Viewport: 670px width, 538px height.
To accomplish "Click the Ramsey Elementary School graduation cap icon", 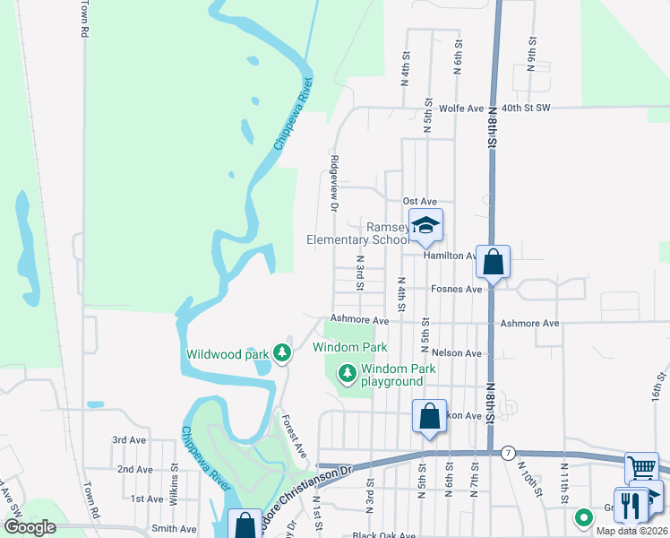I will pos(426,225).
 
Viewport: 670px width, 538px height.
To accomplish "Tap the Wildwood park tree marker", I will pos(282,353).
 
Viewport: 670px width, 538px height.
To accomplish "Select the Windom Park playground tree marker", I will pos(346,371).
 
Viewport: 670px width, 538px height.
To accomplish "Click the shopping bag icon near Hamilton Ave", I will pos(493,262).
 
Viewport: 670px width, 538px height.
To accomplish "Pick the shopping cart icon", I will pos(641,467).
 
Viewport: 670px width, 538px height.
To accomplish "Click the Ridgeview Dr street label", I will pos(334,183).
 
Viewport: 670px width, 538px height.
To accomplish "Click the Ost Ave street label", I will pos(419,201).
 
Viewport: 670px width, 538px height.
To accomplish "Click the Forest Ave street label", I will pos(294,432).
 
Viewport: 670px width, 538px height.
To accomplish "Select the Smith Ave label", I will pos(174,529).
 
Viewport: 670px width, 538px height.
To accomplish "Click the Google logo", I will pos(30,528).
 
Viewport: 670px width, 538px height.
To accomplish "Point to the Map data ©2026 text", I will pos(631,531).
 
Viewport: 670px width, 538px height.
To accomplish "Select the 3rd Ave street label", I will pos(129,440).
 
